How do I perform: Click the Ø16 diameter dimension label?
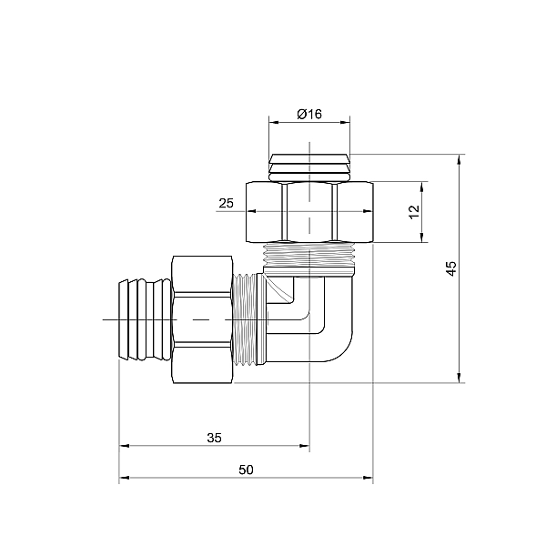pyautogui.click(x=309, y=115)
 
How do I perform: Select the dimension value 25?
pyautogui.click(x=227, y=204)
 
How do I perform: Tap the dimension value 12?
pyautogui.click(x=414, y=211)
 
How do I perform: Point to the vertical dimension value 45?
pyautogui.click(x=450, y=268)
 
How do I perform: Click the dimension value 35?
pyautogui.click(x=214, y=438)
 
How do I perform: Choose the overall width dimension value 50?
pyautogui.click(x=246, y=470)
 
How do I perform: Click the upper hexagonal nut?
pyautogui.click(x=309, y=211)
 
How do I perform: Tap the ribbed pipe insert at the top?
pyautogui.click(x=309, y=167)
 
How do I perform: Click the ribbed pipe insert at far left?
pyautogui.click(x=144, y=320)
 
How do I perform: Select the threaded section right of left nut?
pyautogui.click(x=247, y=320)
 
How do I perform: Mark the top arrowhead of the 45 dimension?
pyautogui.click(x=460, y=157)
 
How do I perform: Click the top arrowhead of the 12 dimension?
pyautogui.click(x=422, y=185)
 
